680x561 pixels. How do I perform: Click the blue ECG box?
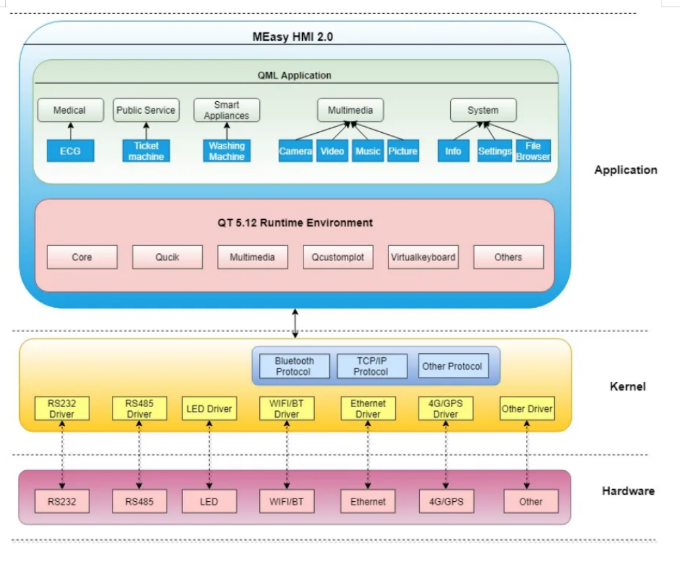tap(70, 151)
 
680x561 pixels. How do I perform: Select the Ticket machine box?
tap(146, 151)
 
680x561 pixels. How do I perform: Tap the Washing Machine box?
tap(226, 151)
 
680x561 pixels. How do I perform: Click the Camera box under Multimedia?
tap(296, 151)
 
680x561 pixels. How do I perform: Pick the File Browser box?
tap(533, 151)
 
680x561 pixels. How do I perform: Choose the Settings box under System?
tap(494, 151)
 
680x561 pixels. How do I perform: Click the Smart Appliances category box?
tap(226, 110)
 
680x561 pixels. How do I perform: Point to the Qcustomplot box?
tap(338, 257)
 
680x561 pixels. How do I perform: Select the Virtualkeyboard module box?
tap(423, 257)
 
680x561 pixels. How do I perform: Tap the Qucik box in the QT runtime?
tap(167, 257)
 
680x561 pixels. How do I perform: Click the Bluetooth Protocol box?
tap(294, 366)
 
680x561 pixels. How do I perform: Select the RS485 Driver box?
tap(140, 408)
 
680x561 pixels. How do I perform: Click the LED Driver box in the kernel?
tap(209, 408)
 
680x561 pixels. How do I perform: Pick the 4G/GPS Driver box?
tap(446, 408)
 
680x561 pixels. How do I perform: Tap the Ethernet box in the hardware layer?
tap(368, 502)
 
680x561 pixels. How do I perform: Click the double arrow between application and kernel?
tap(296, 324)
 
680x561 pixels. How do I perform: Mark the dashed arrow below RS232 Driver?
tap(63, 454)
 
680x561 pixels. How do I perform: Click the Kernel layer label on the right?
tap(627, 386)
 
